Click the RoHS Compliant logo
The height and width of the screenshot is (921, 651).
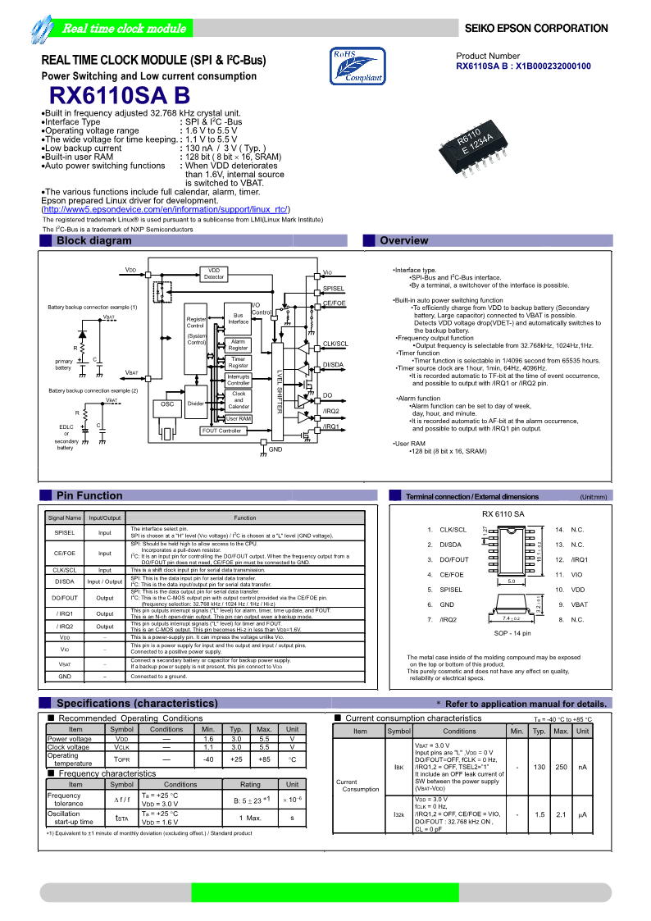(x=357, y=66)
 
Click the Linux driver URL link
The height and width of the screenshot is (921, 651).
(x=166, y=210)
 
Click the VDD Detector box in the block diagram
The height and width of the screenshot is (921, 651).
(x=214, y=274)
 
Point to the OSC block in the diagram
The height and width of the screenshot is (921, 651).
(x=167, y=404)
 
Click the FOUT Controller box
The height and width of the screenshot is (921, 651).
(x=221, y=431)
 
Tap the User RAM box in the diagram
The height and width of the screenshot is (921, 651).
(x=239, y=419)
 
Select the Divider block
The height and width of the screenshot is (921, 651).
(x=196, y=404)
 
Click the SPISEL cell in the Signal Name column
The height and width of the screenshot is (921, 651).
(x=65, y=533)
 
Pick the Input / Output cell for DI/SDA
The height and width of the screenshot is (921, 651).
(x=105, y=581)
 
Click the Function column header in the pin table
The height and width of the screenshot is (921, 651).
(x=245, y=517)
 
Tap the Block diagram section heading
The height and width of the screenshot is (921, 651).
(x=93, y=240)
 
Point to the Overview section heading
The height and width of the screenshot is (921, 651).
(x=403, y=240)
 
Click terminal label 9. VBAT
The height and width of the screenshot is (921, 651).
(x=575, y=604)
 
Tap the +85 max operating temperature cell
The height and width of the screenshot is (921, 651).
(x=264, y=759)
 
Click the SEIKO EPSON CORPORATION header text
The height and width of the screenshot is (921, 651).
(x=536, y=29)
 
